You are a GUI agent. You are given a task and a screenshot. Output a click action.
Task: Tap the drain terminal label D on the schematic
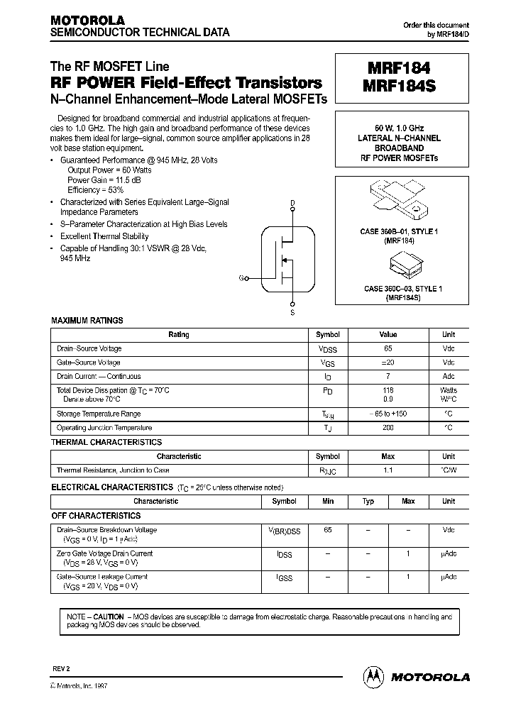pos(292,203)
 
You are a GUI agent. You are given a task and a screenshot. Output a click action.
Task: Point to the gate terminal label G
pos(242,279)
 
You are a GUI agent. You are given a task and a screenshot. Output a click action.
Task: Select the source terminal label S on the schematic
pos(292,313)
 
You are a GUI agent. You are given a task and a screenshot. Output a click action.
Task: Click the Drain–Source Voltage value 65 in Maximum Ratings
pos(388,348)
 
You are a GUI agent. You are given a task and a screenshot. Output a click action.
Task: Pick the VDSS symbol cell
pos(327,349)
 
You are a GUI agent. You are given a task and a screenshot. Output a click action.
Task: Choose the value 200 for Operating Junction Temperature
pos(388,428)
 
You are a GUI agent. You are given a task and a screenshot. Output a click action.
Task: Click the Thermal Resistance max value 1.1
pos(388,470)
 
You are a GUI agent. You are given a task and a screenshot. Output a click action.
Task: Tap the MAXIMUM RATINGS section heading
pos(87,321)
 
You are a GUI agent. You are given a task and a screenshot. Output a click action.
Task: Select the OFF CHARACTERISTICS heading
pos(96,516)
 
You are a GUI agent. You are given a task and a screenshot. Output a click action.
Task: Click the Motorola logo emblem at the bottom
pos(372,676)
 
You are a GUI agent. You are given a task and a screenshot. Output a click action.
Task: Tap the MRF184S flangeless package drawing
pos(402,266)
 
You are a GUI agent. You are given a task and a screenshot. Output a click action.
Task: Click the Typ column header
pos(368,502)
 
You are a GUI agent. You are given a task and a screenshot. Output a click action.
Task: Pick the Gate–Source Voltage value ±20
pos(388,363)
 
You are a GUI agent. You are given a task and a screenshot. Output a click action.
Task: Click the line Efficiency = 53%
pos(95,190)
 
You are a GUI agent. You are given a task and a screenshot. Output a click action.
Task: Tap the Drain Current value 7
pos(388,377)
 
